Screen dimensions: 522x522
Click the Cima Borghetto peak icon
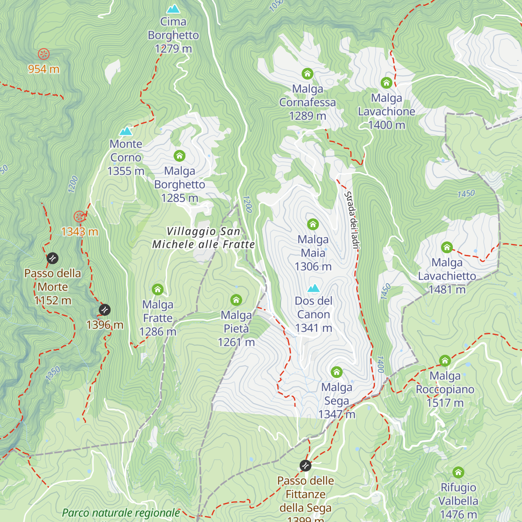pos(173,9)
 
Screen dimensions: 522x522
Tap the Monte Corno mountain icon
pos(126,131)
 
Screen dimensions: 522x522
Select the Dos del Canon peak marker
pos(313,288)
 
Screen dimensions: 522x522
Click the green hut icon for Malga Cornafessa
pos(308,74)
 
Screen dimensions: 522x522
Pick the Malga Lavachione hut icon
pos(386,83)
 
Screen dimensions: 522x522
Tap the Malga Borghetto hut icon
pos(179,156)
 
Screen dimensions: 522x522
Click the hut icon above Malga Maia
pos(313,224)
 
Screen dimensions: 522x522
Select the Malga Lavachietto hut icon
pos(447,248)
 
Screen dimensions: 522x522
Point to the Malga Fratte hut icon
pos(157,289)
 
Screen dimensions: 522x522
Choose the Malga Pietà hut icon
pos(236,300)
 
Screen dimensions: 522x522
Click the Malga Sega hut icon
pos(336,372)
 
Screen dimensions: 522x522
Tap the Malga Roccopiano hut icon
pos(445,361)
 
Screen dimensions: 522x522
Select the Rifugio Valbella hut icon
pos(458,472)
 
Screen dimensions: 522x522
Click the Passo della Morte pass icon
pos(52,258)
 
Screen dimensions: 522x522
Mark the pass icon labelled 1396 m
pos(104,310)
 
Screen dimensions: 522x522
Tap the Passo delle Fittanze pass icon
pos(305,465)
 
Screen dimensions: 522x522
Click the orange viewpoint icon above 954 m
pos(43,54)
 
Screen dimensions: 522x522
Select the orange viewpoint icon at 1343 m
pos(79,216)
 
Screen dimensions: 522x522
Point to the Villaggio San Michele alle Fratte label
pos(203,238)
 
